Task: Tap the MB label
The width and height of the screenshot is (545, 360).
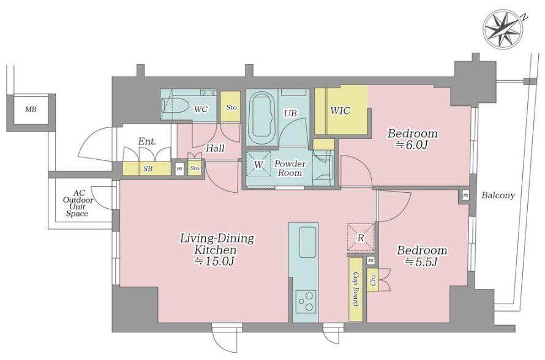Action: point(31,110)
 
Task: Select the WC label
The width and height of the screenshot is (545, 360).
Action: point(201,110)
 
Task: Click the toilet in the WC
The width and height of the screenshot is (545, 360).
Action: point(175,105)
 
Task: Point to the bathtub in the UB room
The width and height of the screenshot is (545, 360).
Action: point(263,115)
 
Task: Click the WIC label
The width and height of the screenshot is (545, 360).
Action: point(340,111)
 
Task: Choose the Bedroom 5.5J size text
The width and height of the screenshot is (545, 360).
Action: point(422,261)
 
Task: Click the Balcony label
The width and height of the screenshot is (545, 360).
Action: point(498,195)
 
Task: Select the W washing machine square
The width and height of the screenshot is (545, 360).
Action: point(258,164)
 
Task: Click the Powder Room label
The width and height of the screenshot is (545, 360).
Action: point(290,168)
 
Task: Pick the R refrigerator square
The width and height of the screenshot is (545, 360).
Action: point(361,238)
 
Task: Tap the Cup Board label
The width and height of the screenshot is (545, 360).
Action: point(356,289)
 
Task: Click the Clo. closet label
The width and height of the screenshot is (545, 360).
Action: point(373,280)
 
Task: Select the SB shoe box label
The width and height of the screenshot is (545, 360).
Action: point(148,169)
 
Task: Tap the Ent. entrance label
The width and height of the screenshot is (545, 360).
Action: point(147,141)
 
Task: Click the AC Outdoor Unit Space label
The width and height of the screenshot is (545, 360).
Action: point(78,204)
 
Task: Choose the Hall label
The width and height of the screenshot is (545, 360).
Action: point(215,148)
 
